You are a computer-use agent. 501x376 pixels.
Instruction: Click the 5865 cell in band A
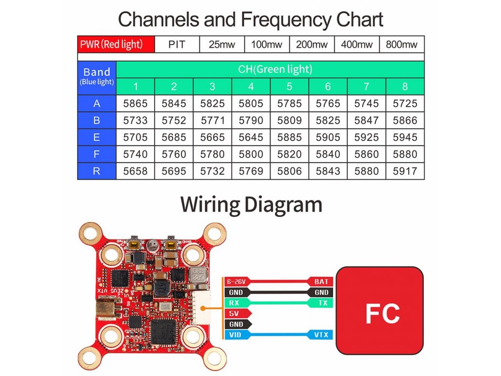136,103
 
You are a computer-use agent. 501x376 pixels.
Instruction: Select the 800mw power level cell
402,45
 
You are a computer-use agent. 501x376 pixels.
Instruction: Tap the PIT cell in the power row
177,45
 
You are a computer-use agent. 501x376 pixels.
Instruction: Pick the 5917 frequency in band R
405,171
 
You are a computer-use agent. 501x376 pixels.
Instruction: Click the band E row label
96,137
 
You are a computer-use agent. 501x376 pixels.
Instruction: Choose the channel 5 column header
289,87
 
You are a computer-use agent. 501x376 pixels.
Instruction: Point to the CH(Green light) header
275,69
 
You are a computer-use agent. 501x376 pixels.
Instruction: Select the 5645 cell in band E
251,137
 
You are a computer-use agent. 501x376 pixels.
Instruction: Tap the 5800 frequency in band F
251,154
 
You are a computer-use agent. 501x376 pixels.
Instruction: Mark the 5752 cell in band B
174,120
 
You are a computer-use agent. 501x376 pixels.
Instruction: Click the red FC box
380,311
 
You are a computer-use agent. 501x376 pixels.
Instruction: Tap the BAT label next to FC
321,282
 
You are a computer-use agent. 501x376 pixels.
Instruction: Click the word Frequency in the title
286,20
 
